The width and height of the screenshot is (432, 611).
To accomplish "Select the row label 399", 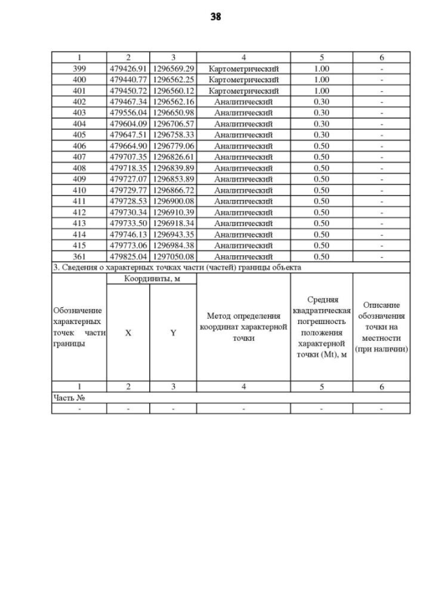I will (x=79, y=69).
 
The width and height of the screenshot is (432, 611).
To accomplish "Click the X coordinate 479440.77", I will (x=128, y=80).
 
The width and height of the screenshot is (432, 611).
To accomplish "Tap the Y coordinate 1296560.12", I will (x=173, y=90).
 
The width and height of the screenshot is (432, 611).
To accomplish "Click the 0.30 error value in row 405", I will (x=321, y=135).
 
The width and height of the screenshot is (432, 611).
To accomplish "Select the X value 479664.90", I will (x=128, y=146).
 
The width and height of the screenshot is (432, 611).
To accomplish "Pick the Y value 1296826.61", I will (x=173, y=157).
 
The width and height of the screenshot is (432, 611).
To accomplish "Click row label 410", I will (x=79, y=190).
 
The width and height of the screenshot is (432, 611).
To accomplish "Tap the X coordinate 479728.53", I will (x=128, y=201).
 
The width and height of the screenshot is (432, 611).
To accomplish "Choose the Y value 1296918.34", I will (x=173, y=223).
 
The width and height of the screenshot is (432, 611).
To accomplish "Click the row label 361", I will (x=79, y=257).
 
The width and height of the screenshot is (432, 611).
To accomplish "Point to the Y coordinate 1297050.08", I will (x=173, y=257).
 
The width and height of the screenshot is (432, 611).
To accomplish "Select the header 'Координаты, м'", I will (x=151, y=278).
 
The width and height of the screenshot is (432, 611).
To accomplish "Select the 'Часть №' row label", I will (x=70, y=398).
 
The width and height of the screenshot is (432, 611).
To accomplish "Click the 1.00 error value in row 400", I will (x=321, y=80).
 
